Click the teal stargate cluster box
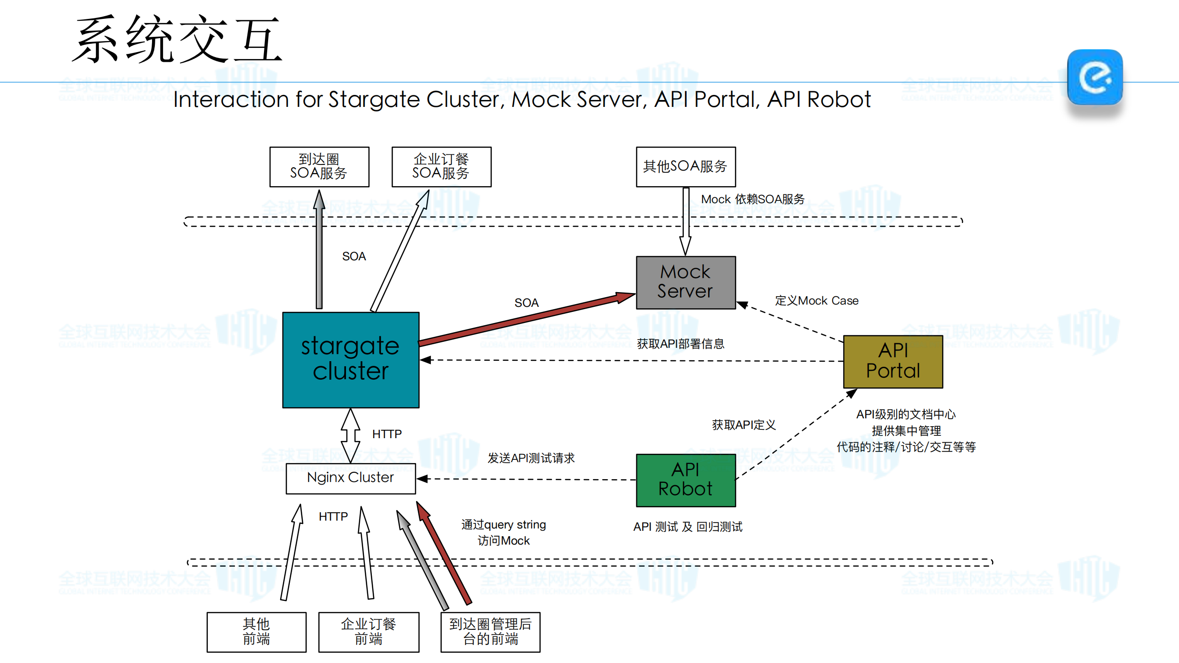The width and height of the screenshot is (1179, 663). click(x=351, y=360)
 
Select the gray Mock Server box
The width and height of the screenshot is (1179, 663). click(x=686, y=282)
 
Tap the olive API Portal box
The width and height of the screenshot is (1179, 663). click(x=893, y=362)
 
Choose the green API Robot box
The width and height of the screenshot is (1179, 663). click(x=686, y=480)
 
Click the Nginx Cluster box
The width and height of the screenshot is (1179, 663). click(x=351, y=478)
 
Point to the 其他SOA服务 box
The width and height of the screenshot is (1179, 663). click(x=686, y=167)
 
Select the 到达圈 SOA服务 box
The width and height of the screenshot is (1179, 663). click(x=319, y=167)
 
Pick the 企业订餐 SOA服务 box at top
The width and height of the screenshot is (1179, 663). click(x=441, y=167)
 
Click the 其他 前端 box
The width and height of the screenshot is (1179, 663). click(x=256, y=632)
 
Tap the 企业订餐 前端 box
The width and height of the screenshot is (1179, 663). click(x=369, y=632)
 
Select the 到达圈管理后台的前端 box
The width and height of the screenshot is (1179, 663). click(x=490, y=632)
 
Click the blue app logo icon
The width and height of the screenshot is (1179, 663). click(x=1095, y=77)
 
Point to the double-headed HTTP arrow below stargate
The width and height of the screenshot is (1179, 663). click(x=351, y=435)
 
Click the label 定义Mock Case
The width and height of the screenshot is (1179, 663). click(x=816, y=301)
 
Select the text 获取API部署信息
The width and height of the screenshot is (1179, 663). click(x=680, y=344)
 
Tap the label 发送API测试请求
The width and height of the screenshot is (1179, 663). click(x=531, y=458)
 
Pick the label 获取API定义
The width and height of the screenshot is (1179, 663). click(x=744, y=425)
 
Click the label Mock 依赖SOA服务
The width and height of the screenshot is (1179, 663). click(x=753, y=199)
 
